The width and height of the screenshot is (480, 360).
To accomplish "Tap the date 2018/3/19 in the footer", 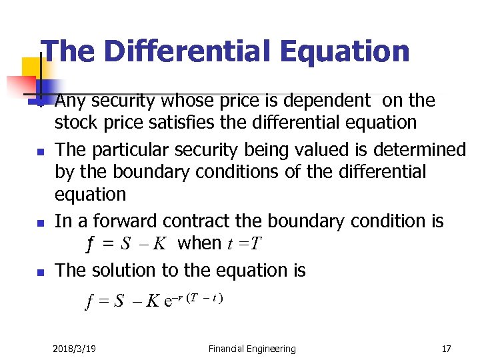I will click(x=73, y=348).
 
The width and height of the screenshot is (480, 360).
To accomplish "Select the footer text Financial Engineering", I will click(x=251, y=348).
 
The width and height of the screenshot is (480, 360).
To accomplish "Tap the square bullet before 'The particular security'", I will click(x=40, y=151).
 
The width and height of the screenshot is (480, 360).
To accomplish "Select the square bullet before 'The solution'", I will click(x=40, y=272).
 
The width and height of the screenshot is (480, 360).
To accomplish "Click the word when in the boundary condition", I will click(x=199, y=243).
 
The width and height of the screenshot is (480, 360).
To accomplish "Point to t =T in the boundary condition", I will click(x=245, y=243).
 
